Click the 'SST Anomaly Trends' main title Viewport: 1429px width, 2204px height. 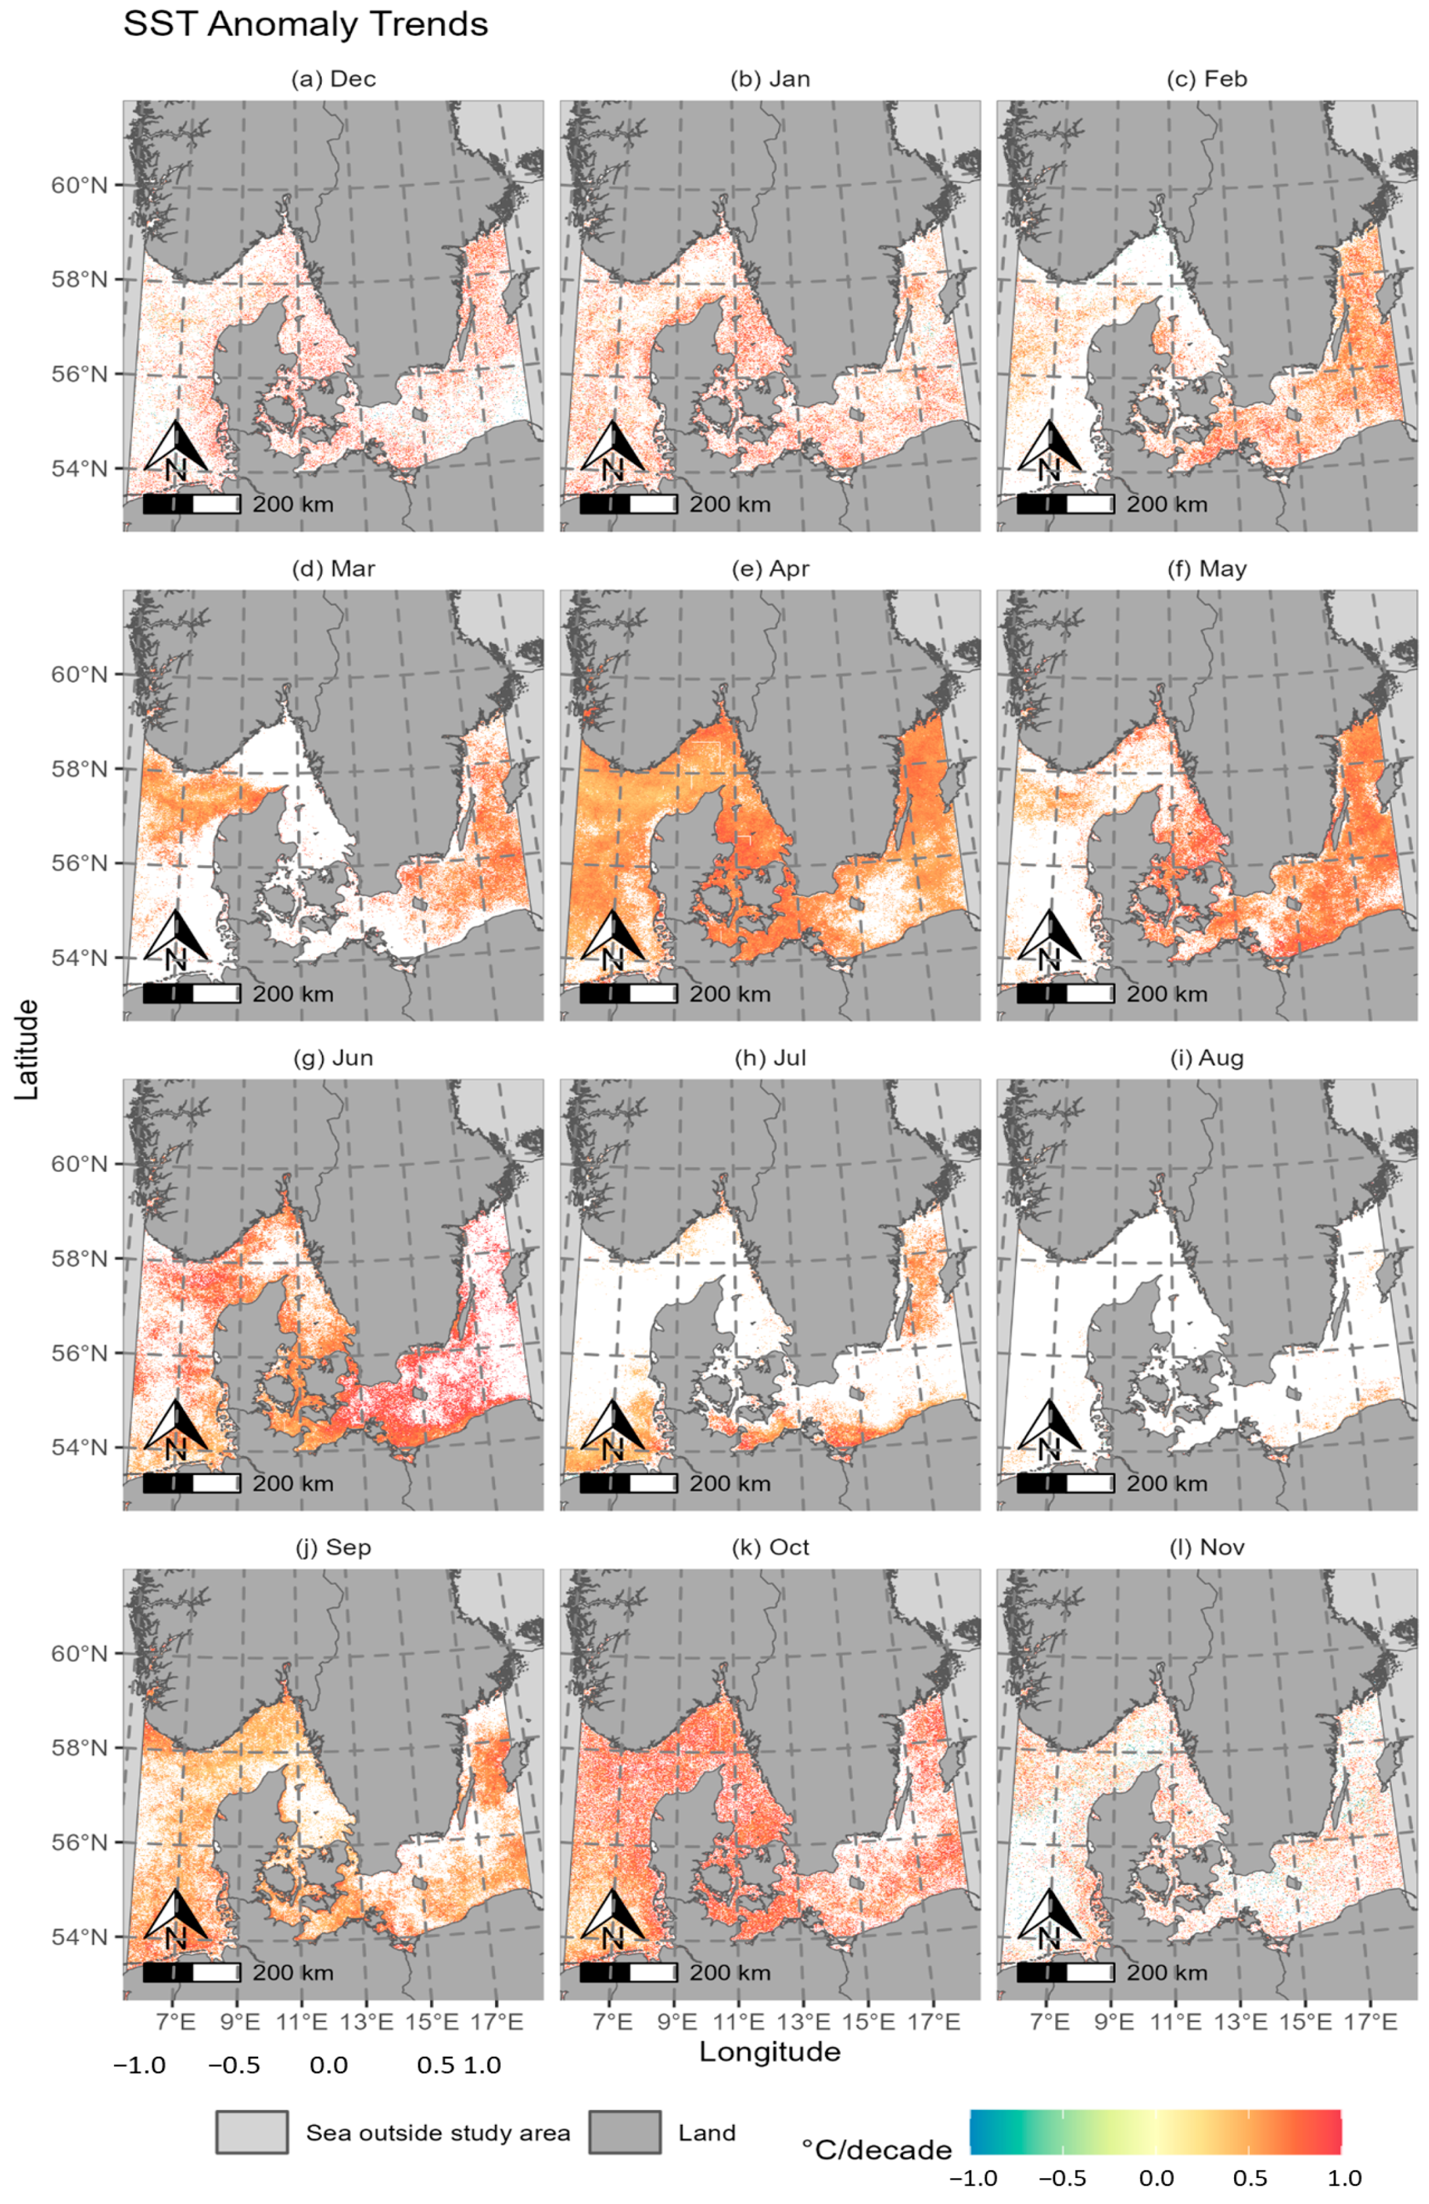306,25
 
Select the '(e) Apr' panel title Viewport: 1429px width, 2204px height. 770,569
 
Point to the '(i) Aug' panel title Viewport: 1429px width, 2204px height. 1207,1057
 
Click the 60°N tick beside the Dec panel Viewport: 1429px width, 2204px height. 79,185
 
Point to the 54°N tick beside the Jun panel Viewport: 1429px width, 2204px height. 79,1447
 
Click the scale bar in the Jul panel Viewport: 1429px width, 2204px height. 629,1483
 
